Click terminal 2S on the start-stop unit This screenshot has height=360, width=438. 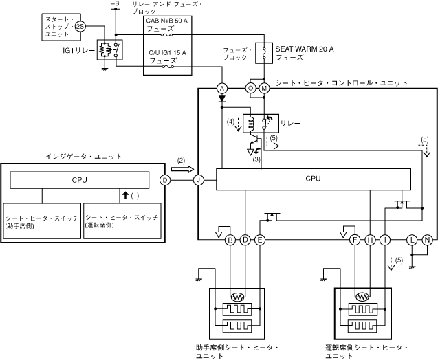(80, 27)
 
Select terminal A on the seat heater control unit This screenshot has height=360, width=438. (222, 89)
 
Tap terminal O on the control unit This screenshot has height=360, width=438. (250, 89)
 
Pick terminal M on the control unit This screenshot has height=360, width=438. (264, 89)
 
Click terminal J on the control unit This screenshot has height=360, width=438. (199, 180)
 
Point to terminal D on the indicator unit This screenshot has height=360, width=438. (165, 180)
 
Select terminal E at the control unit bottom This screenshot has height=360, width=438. (260, 240)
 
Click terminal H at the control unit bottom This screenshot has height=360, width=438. (370, 240)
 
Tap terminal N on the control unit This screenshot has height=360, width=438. (428, 240)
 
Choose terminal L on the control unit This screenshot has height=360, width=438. (413, 240)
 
